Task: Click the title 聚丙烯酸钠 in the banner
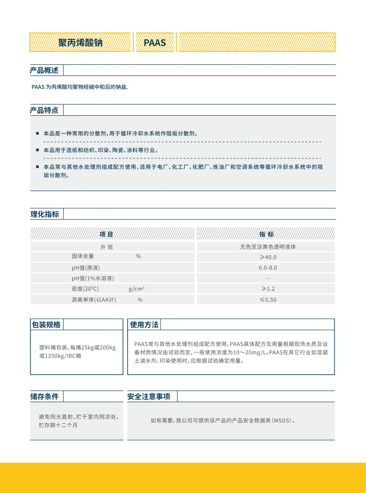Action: coord(81,42)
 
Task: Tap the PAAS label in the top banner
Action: coord(155,42)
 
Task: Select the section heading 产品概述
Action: coord(44,70)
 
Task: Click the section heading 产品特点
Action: coord(44,110)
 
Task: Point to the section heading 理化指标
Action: coord(44,214)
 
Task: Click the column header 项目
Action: coord(106,234)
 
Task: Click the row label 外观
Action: coord(106,247)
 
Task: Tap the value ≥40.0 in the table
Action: coord(268,257)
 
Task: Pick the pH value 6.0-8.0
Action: coord(268,268)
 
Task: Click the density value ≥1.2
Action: coord(268,289)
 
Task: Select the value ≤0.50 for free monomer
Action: coord(268,300)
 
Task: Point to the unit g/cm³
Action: coord(137,289)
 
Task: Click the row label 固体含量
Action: coord(83,256)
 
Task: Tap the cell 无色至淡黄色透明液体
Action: coord(268,247)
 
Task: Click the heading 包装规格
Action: coord(46,325)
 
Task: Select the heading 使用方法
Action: coord(144,325)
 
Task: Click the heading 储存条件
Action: coord(44,397)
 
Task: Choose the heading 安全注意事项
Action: coord(149,397)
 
